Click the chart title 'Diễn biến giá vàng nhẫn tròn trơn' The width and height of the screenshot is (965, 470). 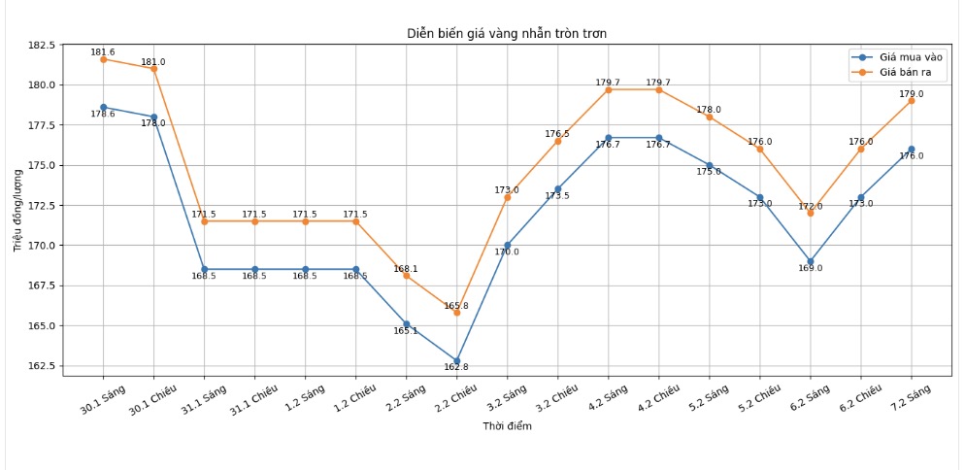(506, 34)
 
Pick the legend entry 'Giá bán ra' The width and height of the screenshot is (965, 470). (907, 73)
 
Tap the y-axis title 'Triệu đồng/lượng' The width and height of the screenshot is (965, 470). (17, 210)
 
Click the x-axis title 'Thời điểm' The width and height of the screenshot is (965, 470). (507, 426)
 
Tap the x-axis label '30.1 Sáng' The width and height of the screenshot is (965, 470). (103, 399)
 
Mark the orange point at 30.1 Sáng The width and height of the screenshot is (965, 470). (104, 59)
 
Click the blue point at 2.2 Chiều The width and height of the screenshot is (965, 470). (457, 361)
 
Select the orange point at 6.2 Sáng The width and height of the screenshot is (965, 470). (811, 213)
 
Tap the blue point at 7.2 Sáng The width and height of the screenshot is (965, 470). (912, 150)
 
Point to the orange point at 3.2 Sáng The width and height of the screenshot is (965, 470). (508, 197)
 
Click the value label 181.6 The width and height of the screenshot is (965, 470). (103, 52)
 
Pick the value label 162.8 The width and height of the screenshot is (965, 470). (456, 367)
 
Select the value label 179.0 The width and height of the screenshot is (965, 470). (912, 94)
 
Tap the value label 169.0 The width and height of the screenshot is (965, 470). (811, 268)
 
